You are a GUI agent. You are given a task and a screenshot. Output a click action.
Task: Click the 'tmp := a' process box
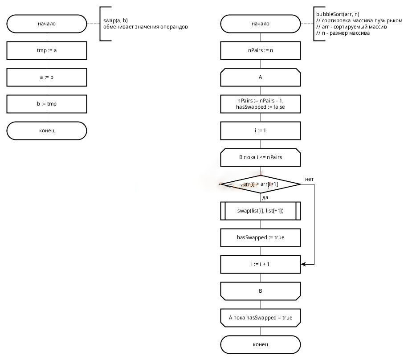click(47, 50)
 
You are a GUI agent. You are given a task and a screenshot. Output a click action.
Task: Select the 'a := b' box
click(47, 77)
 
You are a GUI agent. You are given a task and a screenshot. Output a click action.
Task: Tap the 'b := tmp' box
click(47, 104)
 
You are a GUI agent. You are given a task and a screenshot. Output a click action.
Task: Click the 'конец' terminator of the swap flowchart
click(47, 131)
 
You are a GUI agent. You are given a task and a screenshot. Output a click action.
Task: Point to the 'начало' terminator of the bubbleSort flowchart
click(261, 24)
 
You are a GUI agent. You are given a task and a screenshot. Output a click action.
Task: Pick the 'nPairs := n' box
click(261, 50)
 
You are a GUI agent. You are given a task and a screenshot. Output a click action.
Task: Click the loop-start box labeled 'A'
click(261, 77)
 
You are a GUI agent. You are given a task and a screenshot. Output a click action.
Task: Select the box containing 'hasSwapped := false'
click(261, 104)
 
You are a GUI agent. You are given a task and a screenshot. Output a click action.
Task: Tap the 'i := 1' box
click(261, 131)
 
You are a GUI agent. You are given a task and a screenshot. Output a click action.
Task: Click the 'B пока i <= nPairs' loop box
click(261, 157)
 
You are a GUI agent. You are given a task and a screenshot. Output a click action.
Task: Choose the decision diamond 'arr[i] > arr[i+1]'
click(261, 184)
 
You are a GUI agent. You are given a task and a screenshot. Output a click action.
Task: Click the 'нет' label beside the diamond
click(309, 179)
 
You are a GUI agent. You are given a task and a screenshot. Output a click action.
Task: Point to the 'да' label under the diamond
click(265, 198)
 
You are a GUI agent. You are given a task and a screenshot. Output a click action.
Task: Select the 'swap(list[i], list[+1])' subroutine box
click(261, 211)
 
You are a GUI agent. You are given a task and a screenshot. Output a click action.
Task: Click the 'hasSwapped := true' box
click(261, 237)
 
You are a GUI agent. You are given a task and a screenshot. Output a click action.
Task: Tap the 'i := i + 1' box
click(261, 264)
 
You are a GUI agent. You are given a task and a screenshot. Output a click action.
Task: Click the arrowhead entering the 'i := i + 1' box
click(303, 264)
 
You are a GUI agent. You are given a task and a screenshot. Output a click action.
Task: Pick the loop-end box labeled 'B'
click(261, 291)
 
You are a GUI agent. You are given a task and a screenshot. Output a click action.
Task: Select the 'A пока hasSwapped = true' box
click(261, 318)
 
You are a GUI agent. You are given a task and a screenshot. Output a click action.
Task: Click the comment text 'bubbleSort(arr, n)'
click(338, 14)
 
